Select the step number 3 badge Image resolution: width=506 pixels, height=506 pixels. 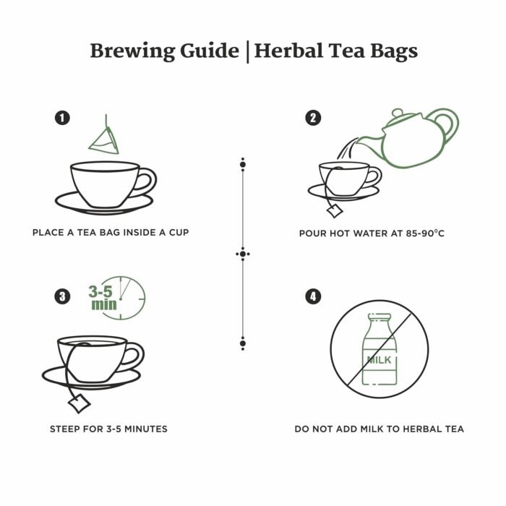tap(64, 296)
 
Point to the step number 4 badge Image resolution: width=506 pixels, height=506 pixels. tap(313, 296)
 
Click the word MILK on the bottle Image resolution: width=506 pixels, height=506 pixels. tap(379, 359)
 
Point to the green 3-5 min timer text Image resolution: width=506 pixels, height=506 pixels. tap(103, 298)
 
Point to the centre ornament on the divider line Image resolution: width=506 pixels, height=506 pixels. tap(243, 254)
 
